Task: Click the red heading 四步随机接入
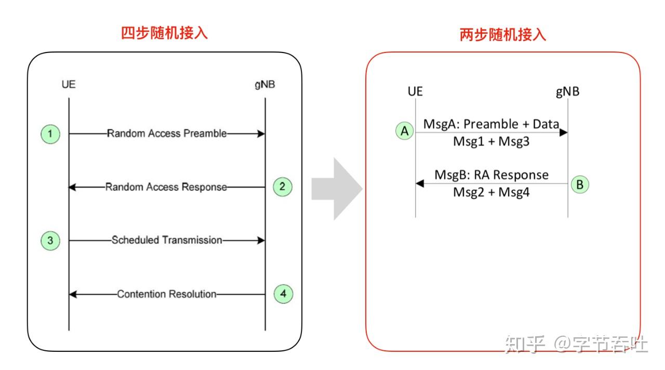point(164,33)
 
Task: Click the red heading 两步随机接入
point(503,35)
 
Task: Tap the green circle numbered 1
point(50,134)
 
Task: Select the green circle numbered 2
point(283,187)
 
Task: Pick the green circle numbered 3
point(50,241)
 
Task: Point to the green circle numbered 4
point(283,294)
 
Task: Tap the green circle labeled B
point(580,184)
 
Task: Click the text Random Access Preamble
point(167,134)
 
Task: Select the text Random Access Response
point(166,187)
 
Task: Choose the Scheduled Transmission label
point(167,240)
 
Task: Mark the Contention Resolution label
point(166,294)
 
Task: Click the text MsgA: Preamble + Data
point(491,124)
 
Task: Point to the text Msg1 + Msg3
point(491,141)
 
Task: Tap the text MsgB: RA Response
point(491,175)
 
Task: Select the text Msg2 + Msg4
point(491,192)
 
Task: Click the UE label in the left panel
point(69,84)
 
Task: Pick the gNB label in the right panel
point(567,92)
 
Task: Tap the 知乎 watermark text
point(525,344)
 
